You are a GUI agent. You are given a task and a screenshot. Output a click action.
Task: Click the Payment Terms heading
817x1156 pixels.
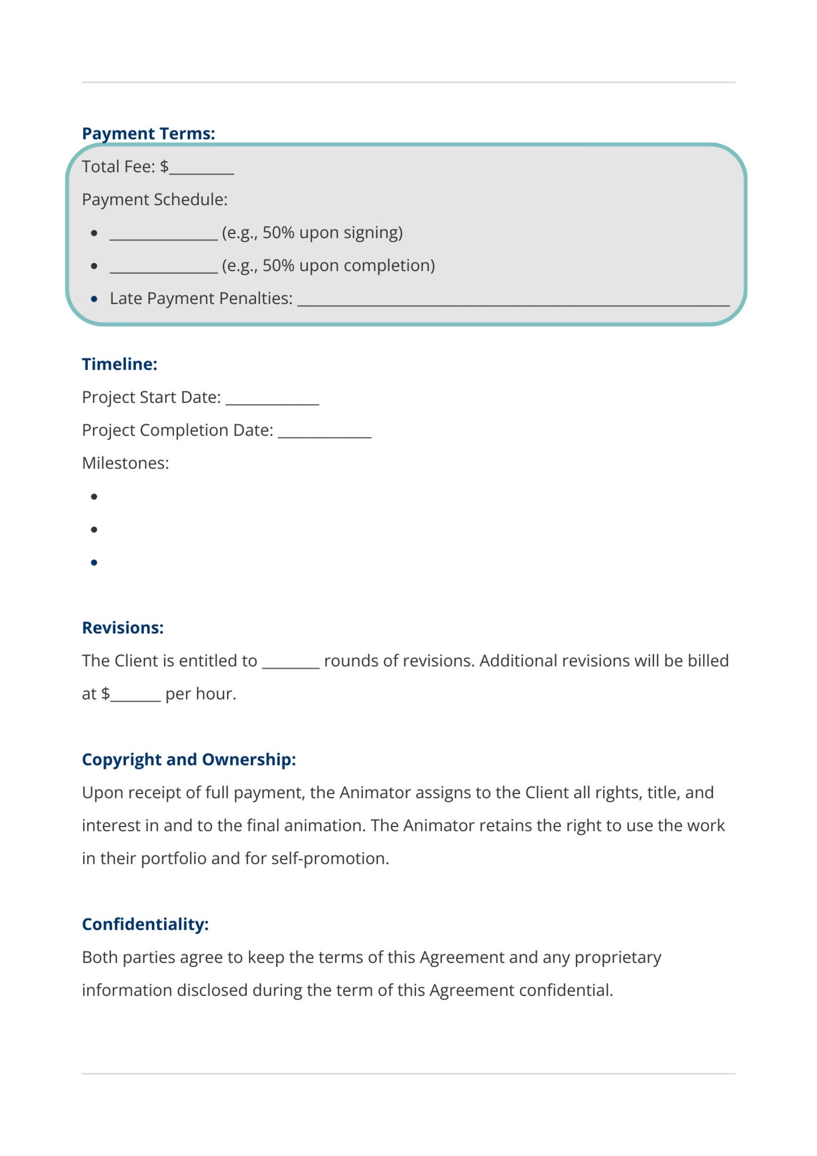coord(148,133)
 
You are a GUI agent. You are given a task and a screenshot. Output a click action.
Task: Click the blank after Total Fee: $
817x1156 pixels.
coord(202,170)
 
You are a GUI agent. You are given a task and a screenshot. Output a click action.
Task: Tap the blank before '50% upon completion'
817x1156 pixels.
coord(163,269)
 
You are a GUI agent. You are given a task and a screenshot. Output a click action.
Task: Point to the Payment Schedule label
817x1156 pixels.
coord(154,200)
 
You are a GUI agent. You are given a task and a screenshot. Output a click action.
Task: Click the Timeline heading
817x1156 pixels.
coord(119,364)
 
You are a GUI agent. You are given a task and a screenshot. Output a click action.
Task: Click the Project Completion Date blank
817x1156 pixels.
coord(325,433)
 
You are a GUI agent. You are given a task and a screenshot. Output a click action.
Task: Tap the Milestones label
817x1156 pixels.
coord(125,463)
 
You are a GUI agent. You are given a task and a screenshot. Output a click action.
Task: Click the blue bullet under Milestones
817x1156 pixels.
coord(94,563)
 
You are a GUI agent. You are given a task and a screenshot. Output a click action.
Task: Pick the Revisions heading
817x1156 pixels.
coord(122,627)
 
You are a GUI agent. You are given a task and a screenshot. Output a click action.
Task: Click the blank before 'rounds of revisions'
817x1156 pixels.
coord(291,664)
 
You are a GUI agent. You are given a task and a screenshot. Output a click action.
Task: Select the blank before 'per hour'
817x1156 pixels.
coord(136,697)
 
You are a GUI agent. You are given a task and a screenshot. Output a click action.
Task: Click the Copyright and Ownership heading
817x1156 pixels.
coord(189,759)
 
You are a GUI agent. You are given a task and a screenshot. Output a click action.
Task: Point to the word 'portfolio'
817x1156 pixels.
coord(173,859)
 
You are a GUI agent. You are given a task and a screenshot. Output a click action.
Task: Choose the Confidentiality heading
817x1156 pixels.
coord(145,924)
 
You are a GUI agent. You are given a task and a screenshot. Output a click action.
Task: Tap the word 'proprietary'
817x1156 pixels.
coord(617,957)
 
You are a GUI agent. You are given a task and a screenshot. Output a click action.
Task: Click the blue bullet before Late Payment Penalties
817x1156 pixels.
coord(94,299)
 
